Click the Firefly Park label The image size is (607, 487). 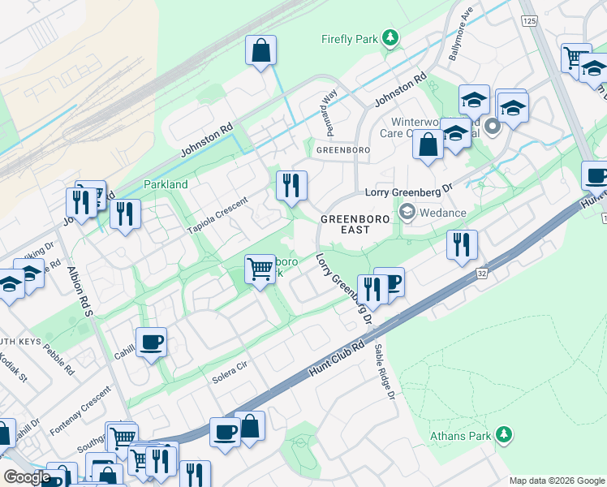(x=349, y=38)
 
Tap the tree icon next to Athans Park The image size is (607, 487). (x=504, y=436)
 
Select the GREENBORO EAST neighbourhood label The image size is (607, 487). (x=355, y=225)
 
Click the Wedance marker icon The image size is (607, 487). (x=407, y=213)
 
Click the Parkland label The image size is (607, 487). (x=166, y=184)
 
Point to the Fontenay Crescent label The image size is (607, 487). (x=80, y=408)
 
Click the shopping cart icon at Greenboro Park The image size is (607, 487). (x=260, y=268)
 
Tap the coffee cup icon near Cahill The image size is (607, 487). (x=150, y=343)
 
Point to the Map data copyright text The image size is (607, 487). (x=557, y=480)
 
